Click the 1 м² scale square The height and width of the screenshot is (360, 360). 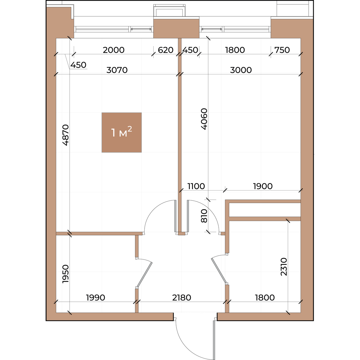121,133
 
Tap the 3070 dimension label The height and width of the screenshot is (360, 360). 117,70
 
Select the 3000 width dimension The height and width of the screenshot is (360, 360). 241,70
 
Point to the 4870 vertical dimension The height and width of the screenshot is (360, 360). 66,135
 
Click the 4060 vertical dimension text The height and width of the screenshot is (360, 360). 204,119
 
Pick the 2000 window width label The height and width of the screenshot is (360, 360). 114,50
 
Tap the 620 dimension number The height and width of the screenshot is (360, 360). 166,50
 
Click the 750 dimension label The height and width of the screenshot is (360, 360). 282,50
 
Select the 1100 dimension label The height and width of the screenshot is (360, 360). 196,186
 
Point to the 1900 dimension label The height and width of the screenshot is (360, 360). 263,186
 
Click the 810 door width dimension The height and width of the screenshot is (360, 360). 204,216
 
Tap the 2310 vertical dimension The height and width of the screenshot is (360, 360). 284,267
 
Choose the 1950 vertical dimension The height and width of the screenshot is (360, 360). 66,274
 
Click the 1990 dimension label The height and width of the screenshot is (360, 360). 95,298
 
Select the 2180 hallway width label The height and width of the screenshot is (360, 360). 181,298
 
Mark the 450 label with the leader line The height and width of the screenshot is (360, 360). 78,65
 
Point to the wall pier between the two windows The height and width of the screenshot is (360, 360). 176,28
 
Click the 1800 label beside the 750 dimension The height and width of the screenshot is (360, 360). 235,50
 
